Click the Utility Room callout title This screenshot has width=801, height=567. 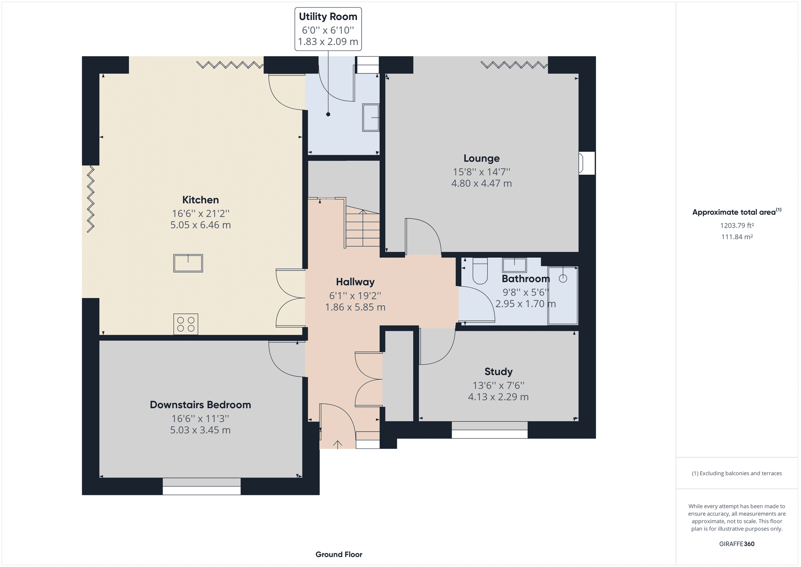pos(328,17)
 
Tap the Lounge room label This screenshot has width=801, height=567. pos(481,158)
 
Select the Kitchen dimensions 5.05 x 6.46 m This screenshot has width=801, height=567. pos(200,225)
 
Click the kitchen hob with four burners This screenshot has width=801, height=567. pos(186,324)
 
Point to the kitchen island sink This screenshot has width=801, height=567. pos(188,263)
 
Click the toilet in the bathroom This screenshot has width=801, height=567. pos(480,270)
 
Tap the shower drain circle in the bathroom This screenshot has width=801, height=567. pos(563,278)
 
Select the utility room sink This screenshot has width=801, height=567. pos(370,117)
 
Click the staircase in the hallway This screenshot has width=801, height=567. pos(362,228)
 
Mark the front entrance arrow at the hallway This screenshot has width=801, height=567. pos(338,444)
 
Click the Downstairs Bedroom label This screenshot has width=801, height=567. pos(200,405)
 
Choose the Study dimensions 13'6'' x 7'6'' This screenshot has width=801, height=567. pos(498,385)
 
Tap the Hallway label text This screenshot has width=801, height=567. pos(355,282)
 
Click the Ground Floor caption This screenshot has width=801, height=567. pos(339,555)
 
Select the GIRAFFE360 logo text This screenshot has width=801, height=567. pos(737,544)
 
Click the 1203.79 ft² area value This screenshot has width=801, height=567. pos(737,226)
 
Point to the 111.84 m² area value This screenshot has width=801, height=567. pos(737,237)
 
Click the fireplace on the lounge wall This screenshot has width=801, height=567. pos(587,163)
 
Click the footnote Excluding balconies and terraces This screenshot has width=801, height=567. pos(737,473)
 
